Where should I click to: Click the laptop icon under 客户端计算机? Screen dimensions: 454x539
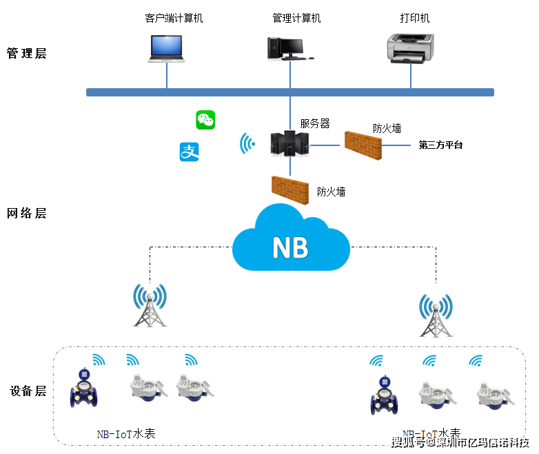(167, 48)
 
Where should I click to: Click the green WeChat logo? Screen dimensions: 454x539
(205, 120)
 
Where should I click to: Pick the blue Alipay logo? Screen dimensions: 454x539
(189, 152)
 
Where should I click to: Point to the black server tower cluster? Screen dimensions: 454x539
(289, 144)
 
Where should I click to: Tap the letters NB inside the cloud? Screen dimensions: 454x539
(291, 247)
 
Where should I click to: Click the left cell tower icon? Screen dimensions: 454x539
(150, 304)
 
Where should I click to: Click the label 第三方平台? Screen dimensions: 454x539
(440, 145)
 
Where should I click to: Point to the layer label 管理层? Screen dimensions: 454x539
(26, 53)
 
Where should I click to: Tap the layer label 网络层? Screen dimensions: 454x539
(26, 213)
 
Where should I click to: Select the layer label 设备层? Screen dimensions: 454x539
(28, 391)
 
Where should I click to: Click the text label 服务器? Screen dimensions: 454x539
(315, 124)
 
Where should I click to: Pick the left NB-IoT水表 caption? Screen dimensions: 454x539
(126, 434)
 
